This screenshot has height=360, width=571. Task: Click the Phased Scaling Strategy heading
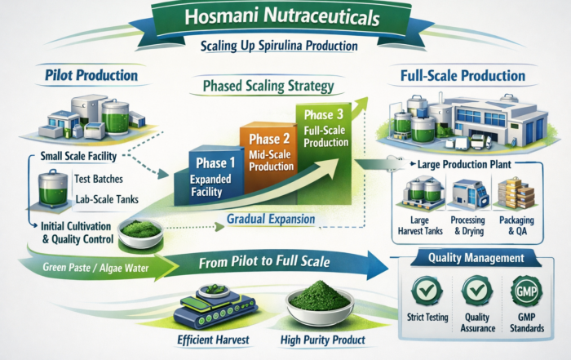262,86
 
